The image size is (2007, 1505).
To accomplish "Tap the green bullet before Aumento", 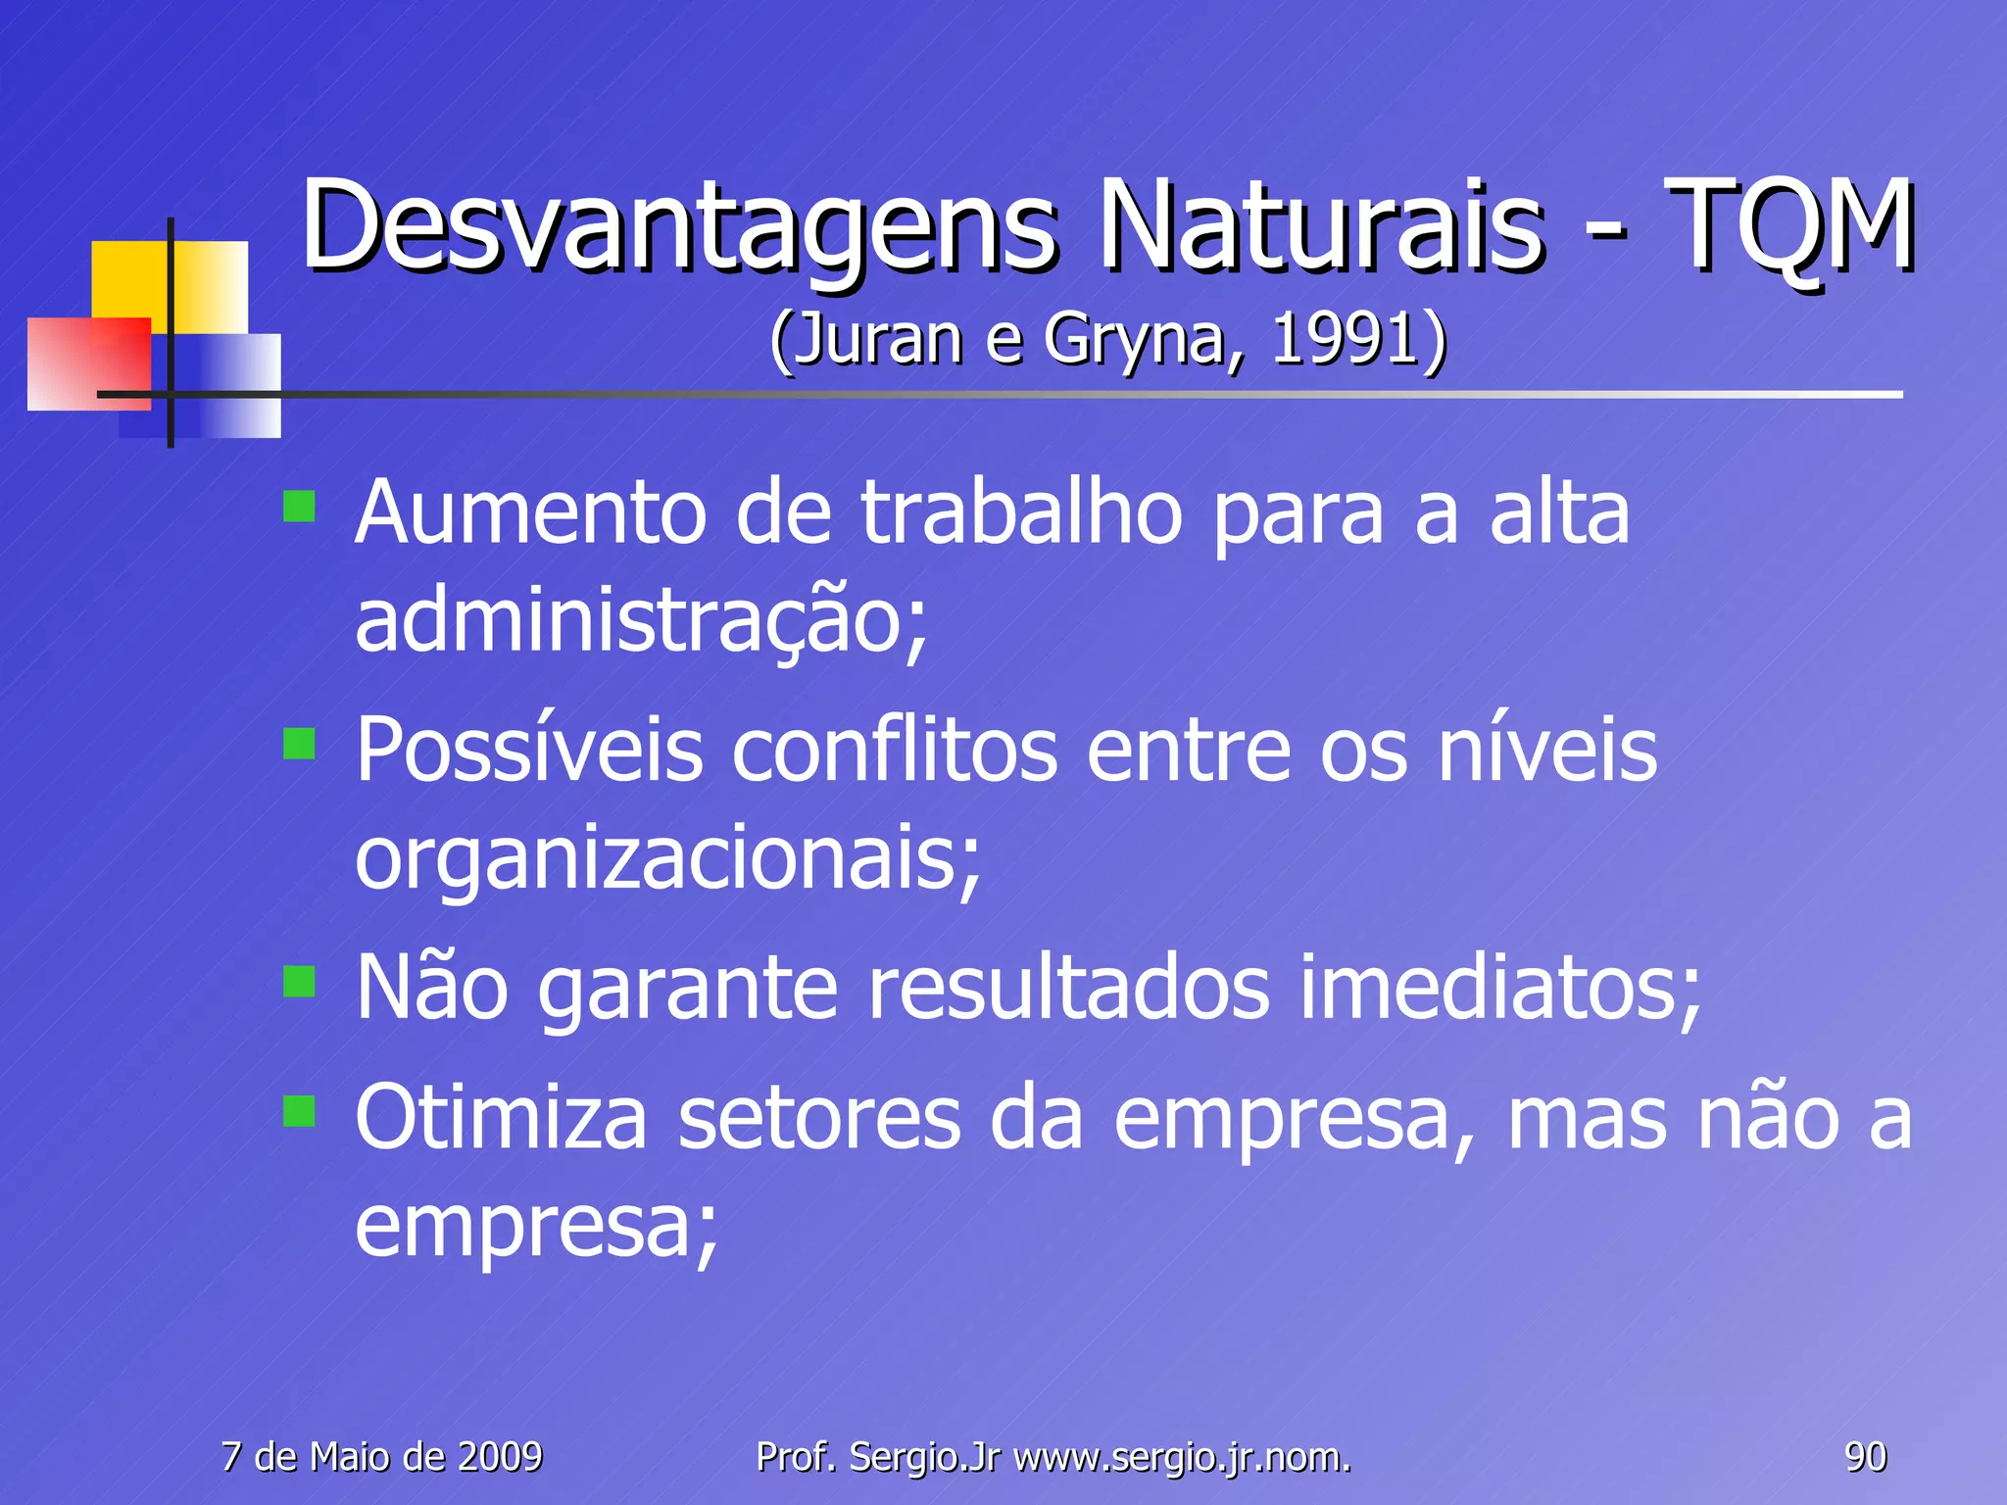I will pos(299,507).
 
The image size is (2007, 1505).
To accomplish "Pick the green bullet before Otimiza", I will pos(299,1111).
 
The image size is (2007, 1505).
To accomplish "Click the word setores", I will pos(818,1119).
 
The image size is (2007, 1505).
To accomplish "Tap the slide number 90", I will pos(1865,1457).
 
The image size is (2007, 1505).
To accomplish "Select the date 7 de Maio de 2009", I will pos(381,1457).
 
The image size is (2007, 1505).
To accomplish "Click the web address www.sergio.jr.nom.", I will pos(1182,1457).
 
